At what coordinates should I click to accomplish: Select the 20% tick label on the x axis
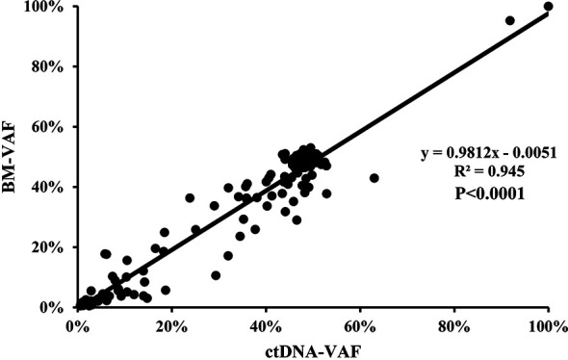click(171, 326)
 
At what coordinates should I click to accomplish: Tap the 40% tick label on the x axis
click(266, 326)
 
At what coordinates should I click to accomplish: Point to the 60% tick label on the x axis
click(360, 326)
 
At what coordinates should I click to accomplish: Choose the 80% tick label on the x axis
click(454, 326)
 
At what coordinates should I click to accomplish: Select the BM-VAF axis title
click(15, 158)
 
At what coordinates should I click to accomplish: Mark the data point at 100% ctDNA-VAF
click(548, 7)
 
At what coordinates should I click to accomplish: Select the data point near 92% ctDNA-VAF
click(510, 20)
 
